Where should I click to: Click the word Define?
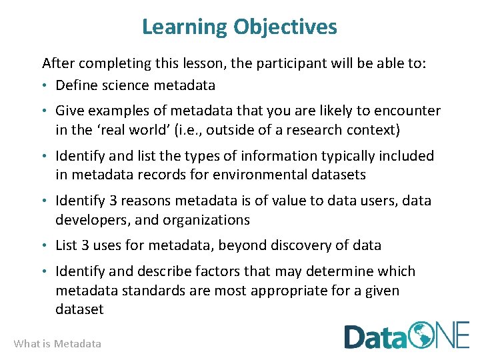click(76, 85)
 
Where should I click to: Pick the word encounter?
click(407, 111)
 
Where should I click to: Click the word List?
click(67, 245)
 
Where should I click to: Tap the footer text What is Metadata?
click(57, 344)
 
